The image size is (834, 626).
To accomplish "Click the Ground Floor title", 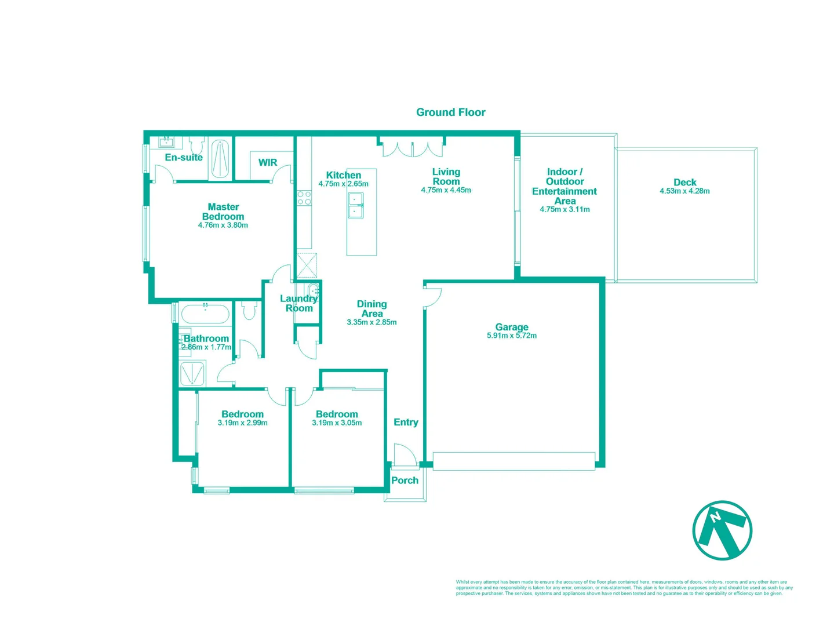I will (450, 112).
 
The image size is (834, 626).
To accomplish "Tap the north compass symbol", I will (722, 530).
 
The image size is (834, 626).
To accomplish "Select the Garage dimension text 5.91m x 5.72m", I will (511, 336).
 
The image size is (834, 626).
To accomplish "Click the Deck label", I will (684, 182).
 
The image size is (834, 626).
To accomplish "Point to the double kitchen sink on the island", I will (355, 205).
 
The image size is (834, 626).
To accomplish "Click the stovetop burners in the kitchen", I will (304, 198).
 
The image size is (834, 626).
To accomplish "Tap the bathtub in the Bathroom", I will (205, 314).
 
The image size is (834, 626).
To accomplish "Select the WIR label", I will (267, 162).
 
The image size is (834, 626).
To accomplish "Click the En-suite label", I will (183, 157).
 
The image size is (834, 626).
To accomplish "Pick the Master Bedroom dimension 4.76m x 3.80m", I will (223, 225).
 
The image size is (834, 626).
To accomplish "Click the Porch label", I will (405, 481).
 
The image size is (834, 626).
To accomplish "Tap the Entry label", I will (406, 422).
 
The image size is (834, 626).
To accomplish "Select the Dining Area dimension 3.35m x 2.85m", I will (372, 322).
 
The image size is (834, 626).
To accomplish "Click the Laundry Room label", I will (298, 303).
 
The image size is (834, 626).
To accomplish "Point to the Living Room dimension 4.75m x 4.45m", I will (446, 190).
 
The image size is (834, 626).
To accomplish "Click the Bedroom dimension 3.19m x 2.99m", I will (242, 423).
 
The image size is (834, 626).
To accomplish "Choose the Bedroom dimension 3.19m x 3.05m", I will (337, 423).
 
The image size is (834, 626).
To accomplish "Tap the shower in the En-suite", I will (220, 158).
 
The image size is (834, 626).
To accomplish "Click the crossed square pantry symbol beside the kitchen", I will (307, 265).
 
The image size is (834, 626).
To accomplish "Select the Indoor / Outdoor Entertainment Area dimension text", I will (565, 210).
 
